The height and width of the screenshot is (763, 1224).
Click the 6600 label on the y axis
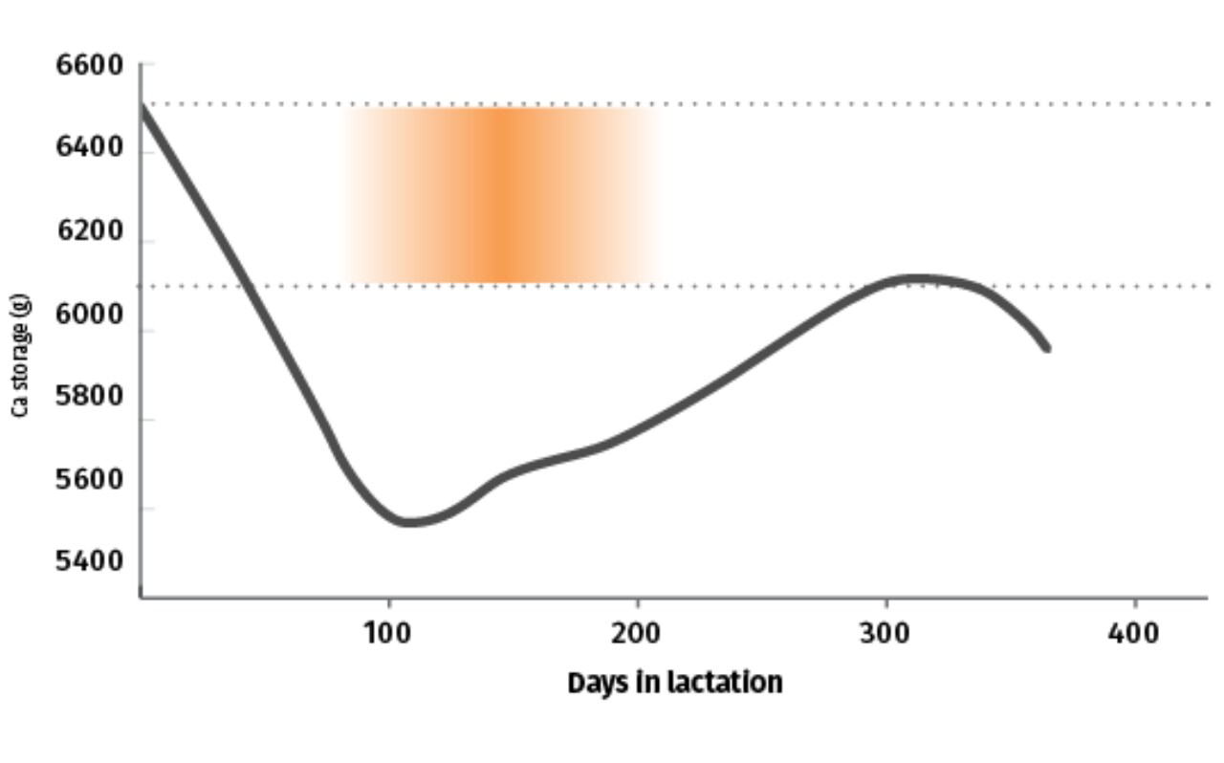click(90, 66)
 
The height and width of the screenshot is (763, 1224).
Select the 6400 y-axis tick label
click(90, 147)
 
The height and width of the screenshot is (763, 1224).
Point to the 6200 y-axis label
click(91, 230)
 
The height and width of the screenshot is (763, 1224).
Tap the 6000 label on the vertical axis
click(90, 315)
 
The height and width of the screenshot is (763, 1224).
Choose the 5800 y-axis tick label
click(90, 396)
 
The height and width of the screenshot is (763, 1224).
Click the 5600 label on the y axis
click(90, 480)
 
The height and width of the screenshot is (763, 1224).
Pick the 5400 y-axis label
click(90, 561)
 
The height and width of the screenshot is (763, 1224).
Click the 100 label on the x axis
click(387, 634)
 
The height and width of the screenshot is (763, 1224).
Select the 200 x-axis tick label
click(636, 634)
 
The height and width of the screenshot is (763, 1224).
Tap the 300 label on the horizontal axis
click(885, 634)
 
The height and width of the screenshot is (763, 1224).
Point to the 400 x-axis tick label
click(1134, 634)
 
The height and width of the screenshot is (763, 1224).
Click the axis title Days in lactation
click(675, 684)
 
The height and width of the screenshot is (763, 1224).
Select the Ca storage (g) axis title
click(20, 356)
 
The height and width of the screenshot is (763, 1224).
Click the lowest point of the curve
click(407, 522)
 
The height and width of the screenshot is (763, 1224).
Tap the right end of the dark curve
click(1047, 349)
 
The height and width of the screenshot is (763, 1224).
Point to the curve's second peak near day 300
click(918, 279)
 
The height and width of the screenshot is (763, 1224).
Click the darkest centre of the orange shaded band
click(503, 195)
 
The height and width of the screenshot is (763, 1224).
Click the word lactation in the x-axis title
click(726, 682)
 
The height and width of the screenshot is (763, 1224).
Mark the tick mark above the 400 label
click(1135, 603)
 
